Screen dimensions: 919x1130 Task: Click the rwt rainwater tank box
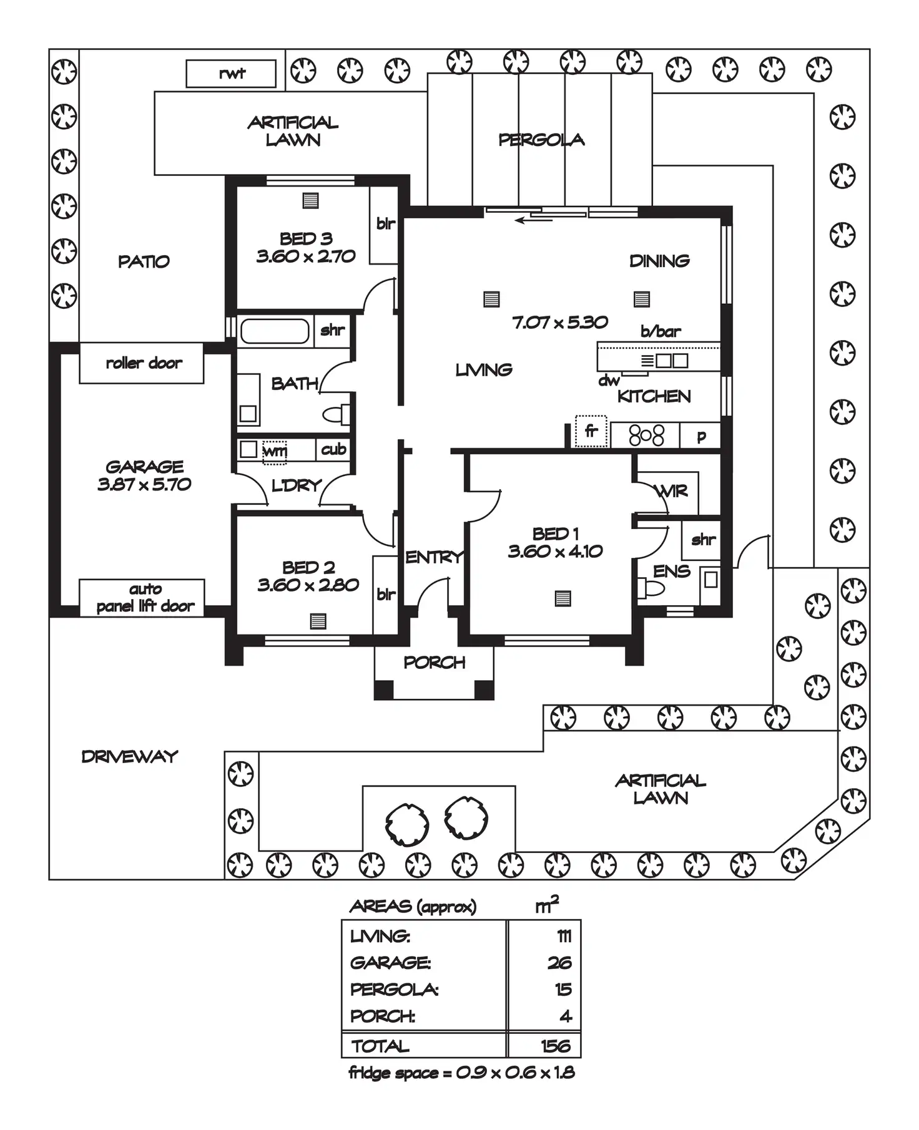pos(231,74)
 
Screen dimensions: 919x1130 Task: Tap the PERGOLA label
pos(541,140)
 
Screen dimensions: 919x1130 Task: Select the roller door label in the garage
pos(144,363)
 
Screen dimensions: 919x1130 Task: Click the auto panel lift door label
pos(145,598)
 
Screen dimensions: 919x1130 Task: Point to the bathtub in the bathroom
pos(275,331)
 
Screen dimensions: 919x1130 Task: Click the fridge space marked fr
pos(591,431)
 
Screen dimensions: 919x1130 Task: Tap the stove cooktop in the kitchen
pos(646,435)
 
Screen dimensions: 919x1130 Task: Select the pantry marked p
pos(701,436)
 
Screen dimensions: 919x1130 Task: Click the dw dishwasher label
pos(609,380)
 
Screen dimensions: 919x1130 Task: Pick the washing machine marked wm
pos(275,451)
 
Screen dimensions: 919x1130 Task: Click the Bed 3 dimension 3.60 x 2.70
pos(306,256)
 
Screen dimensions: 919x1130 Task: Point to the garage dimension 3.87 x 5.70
pos(144,484)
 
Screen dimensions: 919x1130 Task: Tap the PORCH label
pos(434,662)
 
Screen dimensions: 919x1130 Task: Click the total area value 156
pos(556,1046)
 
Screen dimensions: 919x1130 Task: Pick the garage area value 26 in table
pos(559,963)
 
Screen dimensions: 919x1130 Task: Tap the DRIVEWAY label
pos(130,756)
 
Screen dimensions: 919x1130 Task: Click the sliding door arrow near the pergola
pos(533,219)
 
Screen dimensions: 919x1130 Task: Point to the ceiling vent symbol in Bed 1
pos(563,598)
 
